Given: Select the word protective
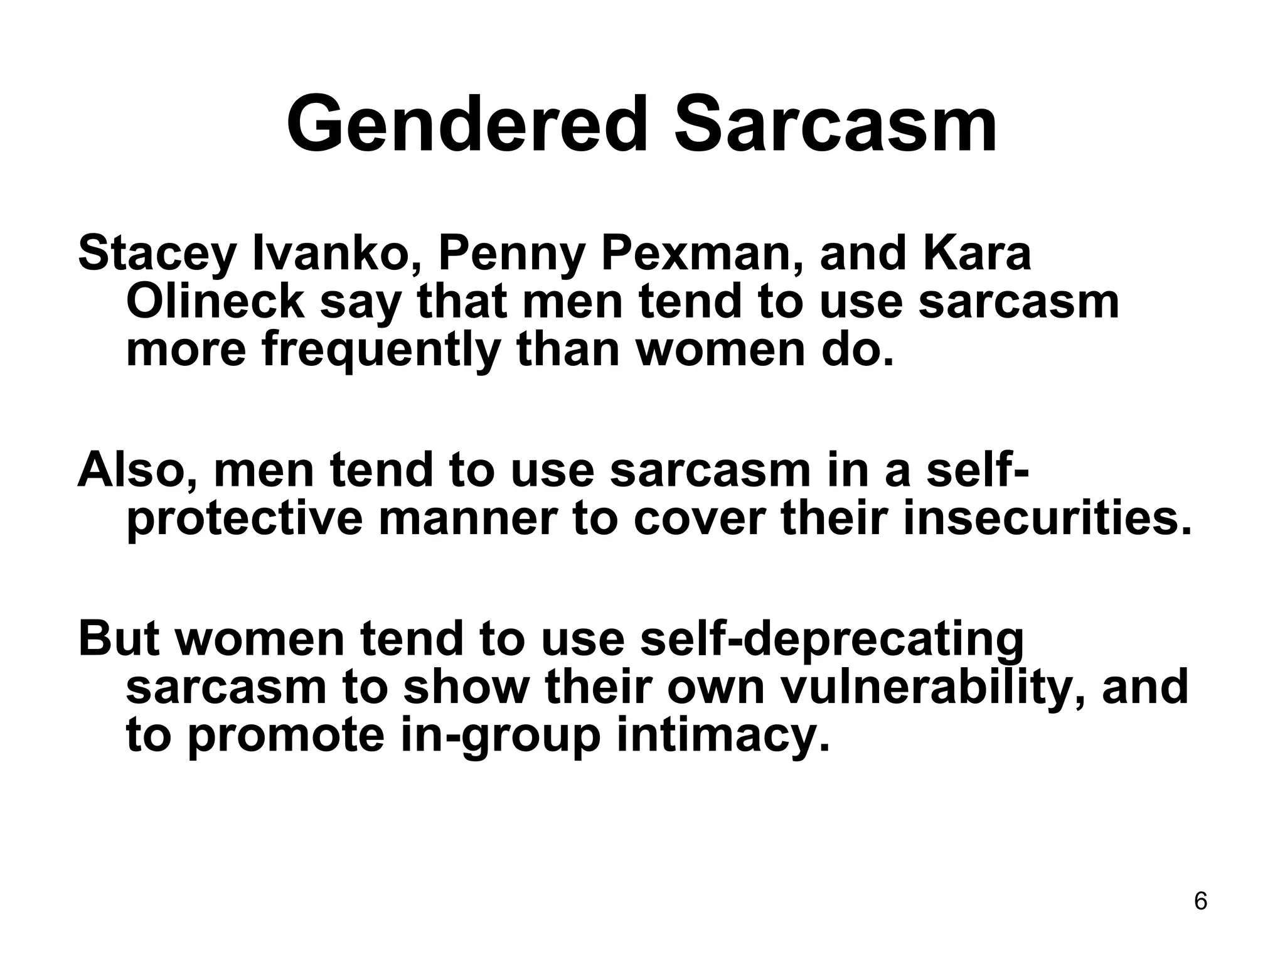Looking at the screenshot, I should tap(245, 520).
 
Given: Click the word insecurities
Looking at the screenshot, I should tap(1046, 520).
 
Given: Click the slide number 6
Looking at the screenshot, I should tap(1200, 901).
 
